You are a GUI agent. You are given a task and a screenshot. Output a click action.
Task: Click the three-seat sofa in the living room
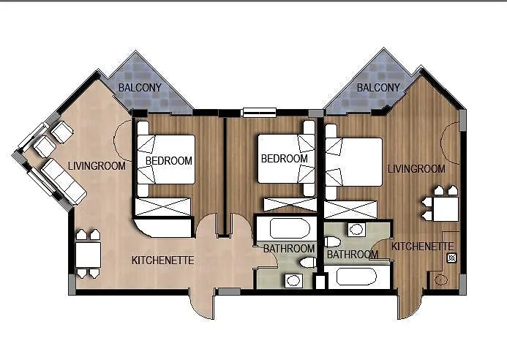coord(64,181)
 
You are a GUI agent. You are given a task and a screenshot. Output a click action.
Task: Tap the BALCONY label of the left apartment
coord(140,88)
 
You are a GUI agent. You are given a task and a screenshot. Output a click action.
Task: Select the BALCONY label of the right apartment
coord(378,88)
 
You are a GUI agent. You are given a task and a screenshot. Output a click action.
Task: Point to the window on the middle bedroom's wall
coord(260,112)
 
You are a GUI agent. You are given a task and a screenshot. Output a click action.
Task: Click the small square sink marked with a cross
coord(451,258)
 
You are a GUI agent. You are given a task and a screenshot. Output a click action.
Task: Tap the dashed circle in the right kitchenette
coord(441,280)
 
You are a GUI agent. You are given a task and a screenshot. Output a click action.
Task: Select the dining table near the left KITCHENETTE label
coord(88,255)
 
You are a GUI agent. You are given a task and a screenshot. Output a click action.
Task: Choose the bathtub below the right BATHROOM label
coord(356,277)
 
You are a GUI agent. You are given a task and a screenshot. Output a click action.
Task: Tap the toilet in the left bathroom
coord(308,263)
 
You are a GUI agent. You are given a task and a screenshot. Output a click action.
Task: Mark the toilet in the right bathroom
coord(332,242)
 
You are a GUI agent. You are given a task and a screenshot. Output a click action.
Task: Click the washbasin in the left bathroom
coord(293,280)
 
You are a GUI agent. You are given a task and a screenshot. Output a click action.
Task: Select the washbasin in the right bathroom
coord(356,230)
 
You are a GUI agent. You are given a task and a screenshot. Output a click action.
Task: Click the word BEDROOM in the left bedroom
coord(168,161)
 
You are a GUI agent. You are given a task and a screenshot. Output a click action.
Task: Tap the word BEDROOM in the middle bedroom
coord(284,159)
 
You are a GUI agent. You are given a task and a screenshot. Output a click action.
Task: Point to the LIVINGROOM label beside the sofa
coord(97,166)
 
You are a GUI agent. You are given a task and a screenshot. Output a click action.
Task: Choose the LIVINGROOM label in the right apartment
coord(416,168)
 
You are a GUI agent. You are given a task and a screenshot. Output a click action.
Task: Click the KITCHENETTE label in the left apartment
coord(162,260)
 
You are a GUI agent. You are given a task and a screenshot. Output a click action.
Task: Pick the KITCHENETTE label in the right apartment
coord(423,247)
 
